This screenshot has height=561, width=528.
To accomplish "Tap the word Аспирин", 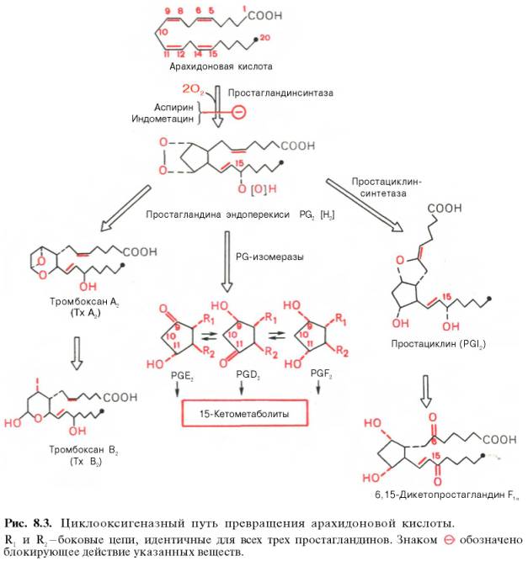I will (175, 107).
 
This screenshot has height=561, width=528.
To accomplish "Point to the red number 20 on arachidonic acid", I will (268, 40).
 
